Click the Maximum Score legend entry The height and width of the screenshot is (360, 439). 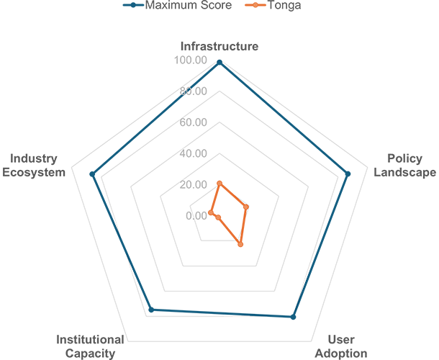[178, 5]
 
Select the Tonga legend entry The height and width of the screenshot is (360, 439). [273, 5]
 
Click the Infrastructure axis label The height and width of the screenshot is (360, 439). [219, 46]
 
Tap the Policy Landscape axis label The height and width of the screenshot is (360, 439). [405, 166]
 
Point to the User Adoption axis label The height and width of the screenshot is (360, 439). [341, 346]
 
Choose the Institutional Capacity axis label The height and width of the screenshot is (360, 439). [90, 346]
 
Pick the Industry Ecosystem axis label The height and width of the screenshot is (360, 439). [34, 166]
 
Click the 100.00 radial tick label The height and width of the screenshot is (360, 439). [191, 60]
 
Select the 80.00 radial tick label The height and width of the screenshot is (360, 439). [193, 91]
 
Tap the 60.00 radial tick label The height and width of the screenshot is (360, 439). [193, 122]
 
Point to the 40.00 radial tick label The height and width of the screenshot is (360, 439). [193, 153]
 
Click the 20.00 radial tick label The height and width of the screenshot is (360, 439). [193, 184]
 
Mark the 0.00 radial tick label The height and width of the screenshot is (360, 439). [196, 216]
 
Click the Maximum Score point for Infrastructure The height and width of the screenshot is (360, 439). [219, 63]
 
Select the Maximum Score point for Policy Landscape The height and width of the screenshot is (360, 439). [348, 174]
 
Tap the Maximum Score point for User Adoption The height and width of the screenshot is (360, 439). [293, 317]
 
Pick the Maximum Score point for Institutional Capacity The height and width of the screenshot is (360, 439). [151, 310]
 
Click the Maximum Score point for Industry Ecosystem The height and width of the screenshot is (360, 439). [92, 174]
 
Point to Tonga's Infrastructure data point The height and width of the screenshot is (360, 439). [219, 184]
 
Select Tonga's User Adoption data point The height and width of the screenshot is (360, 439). [240, 244]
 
